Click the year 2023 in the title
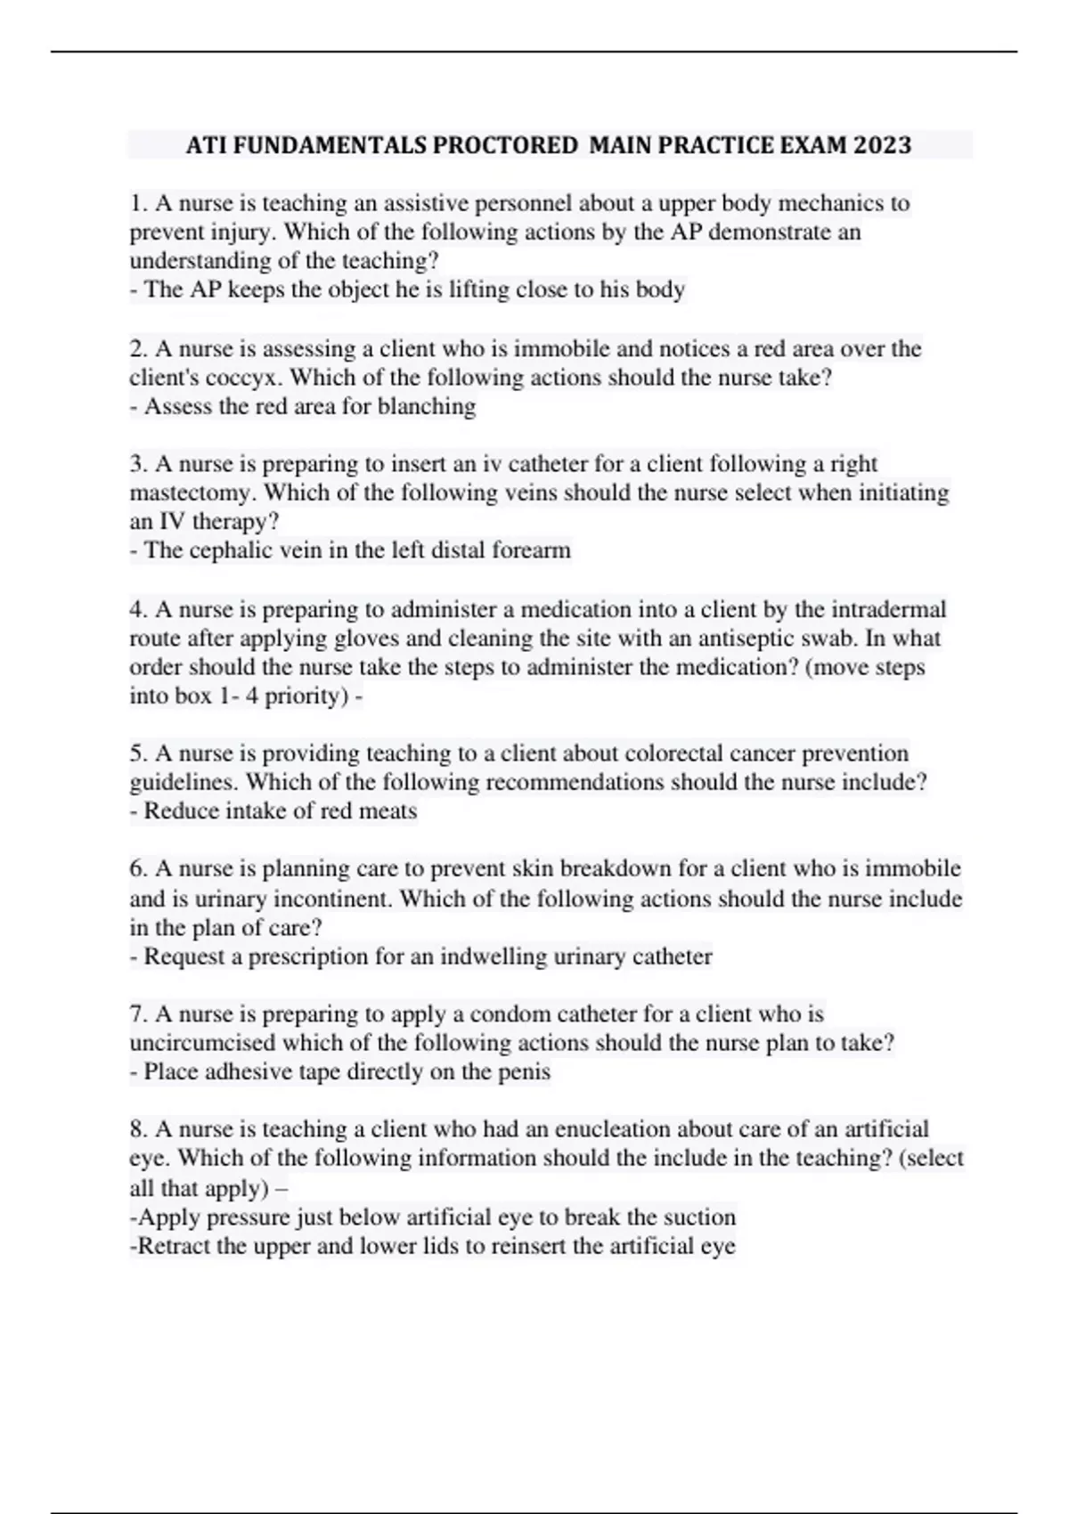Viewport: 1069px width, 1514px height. click(882, 144)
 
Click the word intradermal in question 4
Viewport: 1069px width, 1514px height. click(888, 610)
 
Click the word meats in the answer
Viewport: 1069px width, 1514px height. click(388, 811)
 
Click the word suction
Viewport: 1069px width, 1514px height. click(700, 1217)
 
